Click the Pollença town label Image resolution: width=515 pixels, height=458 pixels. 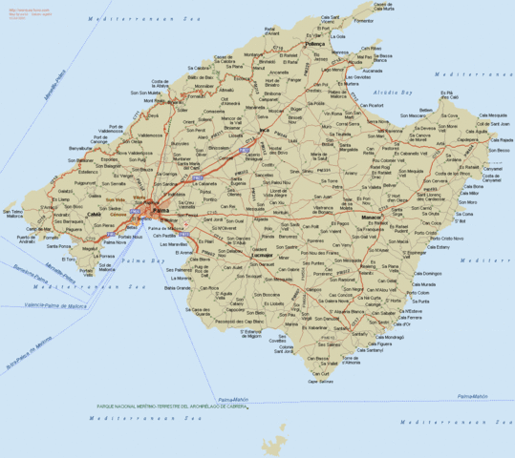[315, 44]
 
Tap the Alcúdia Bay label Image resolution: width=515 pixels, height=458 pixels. [394, 93]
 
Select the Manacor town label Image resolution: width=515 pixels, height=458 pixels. [372, 218]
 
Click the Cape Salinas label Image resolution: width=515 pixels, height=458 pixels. [320, 382]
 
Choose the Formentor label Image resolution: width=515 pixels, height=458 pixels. [363, 20]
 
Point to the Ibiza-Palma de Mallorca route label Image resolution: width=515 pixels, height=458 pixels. [29, 353]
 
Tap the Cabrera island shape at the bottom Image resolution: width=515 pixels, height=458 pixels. [279, 438]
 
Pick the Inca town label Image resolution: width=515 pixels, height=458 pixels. [264, 130]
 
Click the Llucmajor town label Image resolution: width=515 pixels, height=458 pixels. [261, 257]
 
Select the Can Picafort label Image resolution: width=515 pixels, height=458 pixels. [368, 105]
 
